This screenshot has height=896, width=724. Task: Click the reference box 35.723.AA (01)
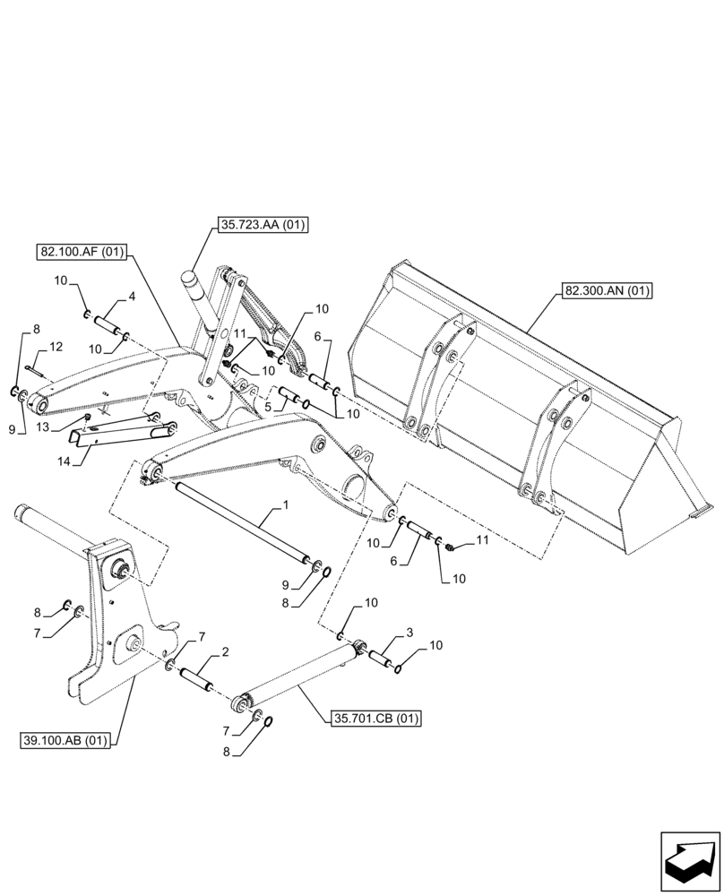(261, 226)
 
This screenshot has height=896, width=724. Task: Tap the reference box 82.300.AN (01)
(608, 290)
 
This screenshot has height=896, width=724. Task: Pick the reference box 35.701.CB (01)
(376, 718)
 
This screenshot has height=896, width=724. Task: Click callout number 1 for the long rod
(285, 507)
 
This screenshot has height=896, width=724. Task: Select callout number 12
(55, 346)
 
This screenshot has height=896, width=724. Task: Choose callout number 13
(44, 428)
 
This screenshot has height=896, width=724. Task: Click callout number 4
(132, 295)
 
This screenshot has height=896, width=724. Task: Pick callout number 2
(224, 652)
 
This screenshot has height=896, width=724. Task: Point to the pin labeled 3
(382, 658)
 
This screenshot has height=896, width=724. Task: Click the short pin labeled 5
(287, 394)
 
